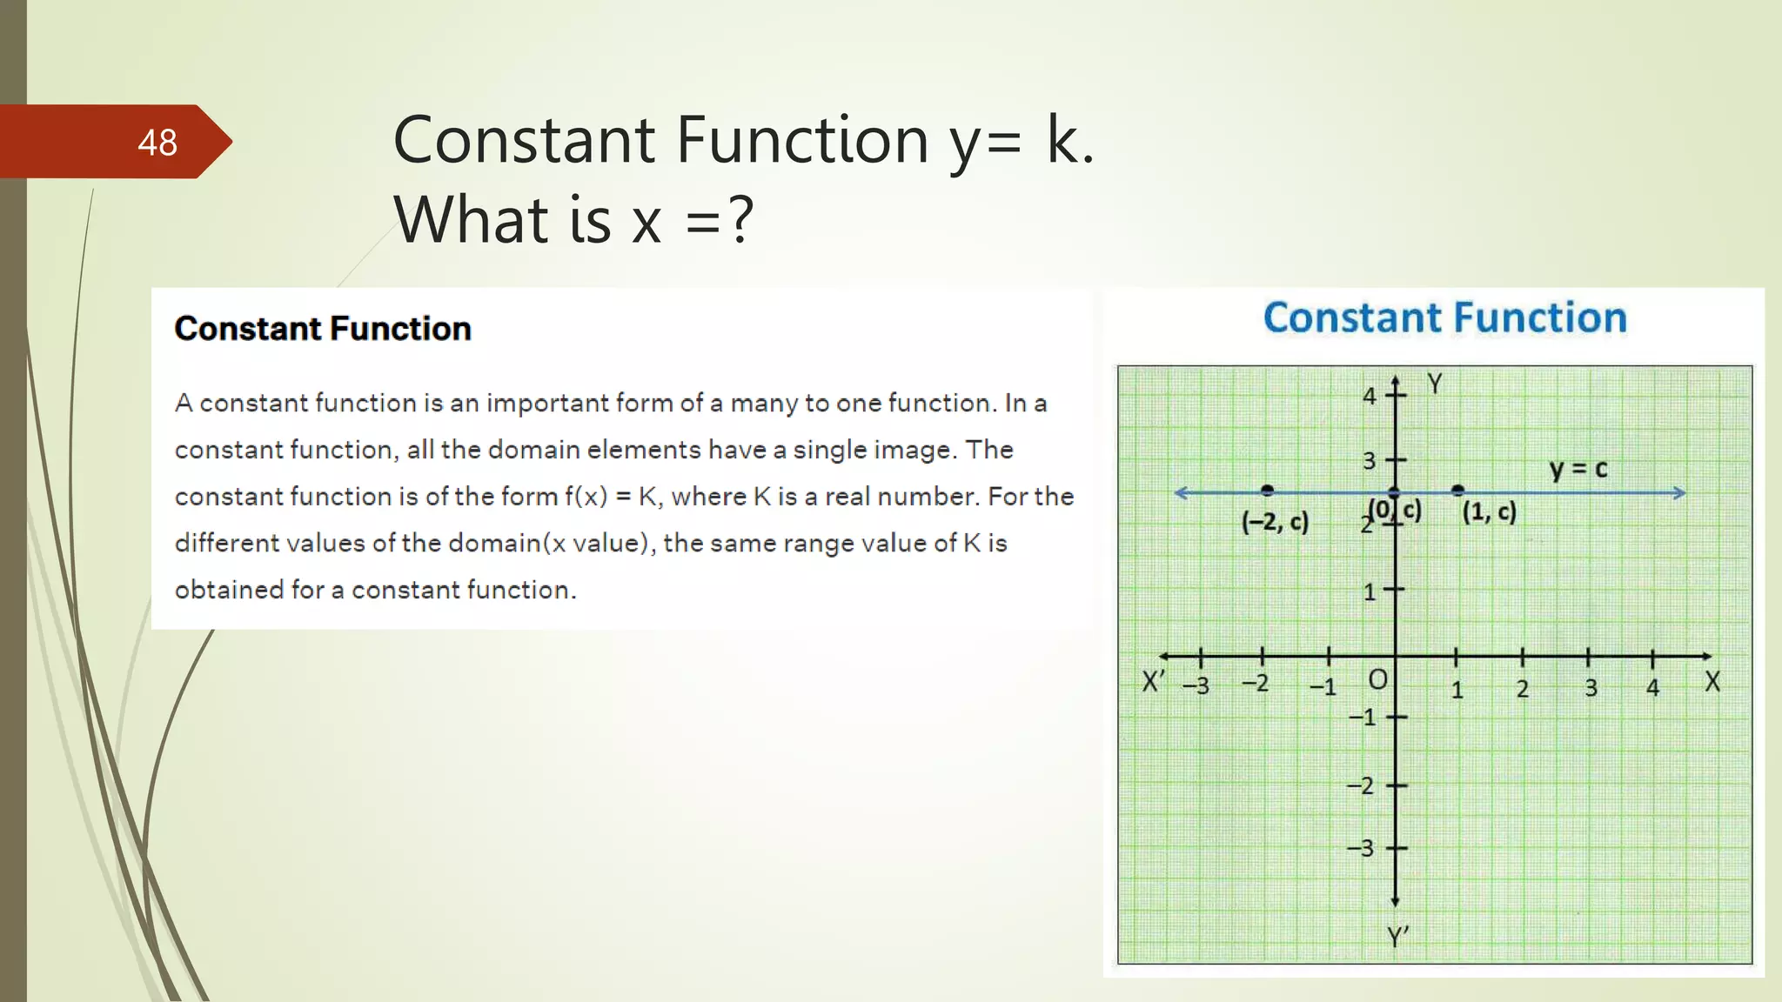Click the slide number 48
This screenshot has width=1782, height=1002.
click(x=157, y=143)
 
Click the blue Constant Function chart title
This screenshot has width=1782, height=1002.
click(x=1444, y=317)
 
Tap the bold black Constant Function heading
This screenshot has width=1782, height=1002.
click(x=323, y=329)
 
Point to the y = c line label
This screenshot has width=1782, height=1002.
click(x=1578, y=470)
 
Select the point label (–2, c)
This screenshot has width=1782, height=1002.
click(x=1275, y=522)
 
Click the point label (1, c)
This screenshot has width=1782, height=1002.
click(x=1489, y=511)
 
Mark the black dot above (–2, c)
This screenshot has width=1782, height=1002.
click(x=1267, y=491)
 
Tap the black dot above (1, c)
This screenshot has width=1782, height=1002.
click(x=1458, y=491)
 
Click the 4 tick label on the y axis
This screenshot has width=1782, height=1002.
click(x=1370, y=397)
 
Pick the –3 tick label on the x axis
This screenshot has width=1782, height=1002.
click(x=1196, y=685)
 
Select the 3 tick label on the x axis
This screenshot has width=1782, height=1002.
click(x=1591, y=688)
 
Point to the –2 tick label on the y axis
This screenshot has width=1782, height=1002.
click(x=1361, y=785)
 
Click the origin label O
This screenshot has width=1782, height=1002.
click(x=1377, y=679)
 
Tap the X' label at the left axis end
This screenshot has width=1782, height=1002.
click(x=1154, y=681)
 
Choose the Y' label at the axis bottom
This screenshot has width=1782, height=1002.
click(x=1397, y=937)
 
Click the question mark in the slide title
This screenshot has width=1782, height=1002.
click(x=740, y=220)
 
